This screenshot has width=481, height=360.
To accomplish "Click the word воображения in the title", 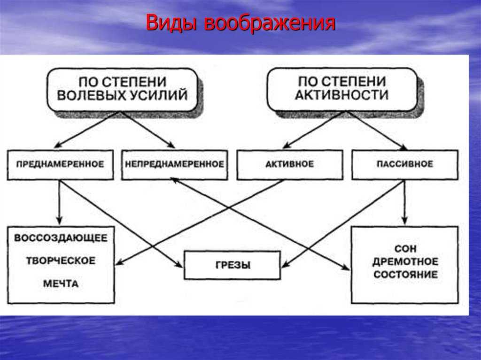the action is click(270, 23).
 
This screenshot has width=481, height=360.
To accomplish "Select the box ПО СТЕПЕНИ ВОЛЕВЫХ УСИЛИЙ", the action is click(122, 90).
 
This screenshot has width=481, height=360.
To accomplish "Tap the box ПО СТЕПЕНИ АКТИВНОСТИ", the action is click(342, 89).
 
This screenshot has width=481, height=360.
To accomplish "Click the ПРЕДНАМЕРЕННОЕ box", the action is click(61, 164).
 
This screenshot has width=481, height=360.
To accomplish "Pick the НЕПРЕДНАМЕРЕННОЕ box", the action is click(175, 164).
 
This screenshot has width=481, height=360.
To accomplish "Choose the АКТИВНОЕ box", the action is click(289, 164).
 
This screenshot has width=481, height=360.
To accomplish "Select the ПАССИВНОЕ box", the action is click(405, 164).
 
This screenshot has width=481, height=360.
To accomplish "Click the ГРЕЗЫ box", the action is click(232, 265).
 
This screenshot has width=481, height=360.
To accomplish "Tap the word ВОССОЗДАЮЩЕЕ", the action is click(61, 238).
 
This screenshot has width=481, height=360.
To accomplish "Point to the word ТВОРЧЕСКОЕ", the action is click(61, 260).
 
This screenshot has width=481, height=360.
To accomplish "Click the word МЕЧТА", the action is click(61, 283).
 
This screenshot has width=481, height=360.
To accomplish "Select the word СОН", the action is click(405, 248).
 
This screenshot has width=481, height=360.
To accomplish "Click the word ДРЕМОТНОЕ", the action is click(405, 261).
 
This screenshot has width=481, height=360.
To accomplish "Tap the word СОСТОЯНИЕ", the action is click(405, 275).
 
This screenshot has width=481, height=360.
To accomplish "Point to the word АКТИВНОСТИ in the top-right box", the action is click(342, 95).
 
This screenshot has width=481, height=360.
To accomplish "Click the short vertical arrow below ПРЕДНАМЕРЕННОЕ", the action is click(60, 202).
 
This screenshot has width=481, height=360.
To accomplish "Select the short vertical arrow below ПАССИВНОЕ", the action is click(404, 202).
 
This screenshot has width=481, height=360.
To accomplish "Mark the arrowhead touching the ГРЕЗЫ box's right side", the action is click(286, 264).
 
